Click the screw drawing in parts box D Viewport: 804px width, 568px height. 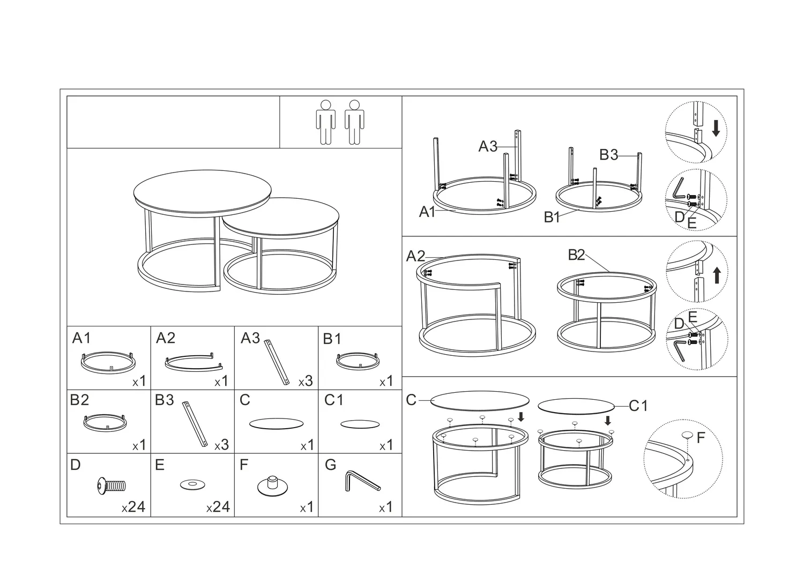pyautogui.click(x=111, y=486)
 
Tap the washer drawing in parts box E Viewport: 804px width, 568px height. pyautogui.click(x=192, y=484)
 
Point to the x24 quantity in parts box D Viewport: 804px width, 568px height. pyautogui.click(x=133, y=506)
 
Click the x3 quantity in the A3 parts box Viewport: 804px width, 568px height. pyautogui.click(x=306, y=380)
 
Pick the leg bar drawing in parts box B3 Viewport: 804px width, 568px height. pyautogui.click(x=195, y=424)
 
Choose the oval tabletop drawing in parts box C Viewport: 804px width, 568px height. pyautogui.click(x=276, y=423)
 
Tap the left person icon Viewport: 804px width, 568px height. pyautogui.click(x=325, y=122)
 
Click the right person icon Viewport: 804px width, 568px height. pyautogui.click(x=354, y=122)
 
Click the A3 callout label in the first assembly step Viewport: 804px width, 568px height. pyautogui.click(x=488, y=146)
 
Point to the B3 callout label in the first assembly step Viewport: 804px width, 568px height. pyautogui.click(x=609, y=155)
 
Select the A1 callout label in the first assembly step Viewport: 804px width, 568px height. pyautogui.click(x=427, y=212)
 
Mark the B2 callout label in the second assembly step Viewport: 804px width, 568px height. pyautogui.click(x=576, y=255)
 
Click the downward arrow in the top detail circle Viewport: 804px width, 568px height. pyautogui.click(x=716, y=129)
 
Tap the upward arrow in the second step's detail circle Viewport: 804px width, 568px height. pyautogui.click(x=717, y=275)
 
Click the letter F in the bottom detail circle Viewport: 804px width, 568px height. pyautogui.click(x=701, y=437)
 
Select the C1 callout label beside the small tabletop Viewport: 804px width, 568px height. pyautogui.click(x=638, y=406)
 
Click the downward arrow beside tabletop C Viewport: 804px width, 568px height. pyautogui.click(x=521, y=416)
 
